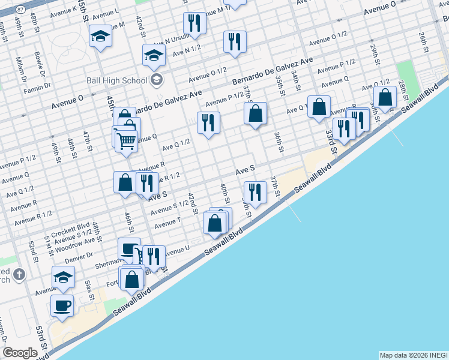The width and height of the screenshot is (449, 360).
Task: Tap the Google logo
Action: click(x=20, y=353)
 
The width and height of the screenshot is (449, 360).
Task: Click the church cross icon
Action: click(x=19, y=275)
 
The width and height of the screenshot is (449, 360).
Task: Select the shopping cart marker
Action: click(x=125, y=142)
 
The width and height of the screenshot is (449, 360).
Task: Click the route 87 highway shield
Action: click(x=20, y=10)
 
